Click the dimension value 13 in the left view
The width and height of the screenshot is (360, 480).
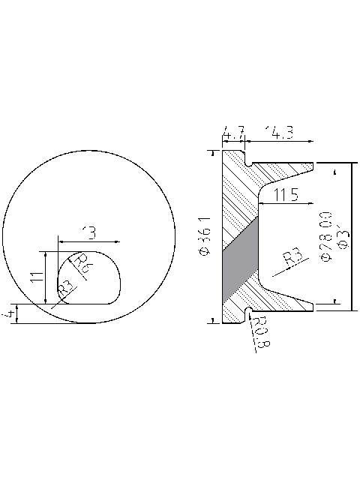click(x=89, y=233)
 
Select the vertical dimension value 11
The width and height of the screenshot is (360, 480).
click(x=34, y=277)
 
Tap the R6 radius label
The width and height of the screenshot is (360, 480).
click(x=84, y=261)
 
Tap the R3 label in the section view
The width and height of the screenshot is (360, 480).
click(x=293, y=259)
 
